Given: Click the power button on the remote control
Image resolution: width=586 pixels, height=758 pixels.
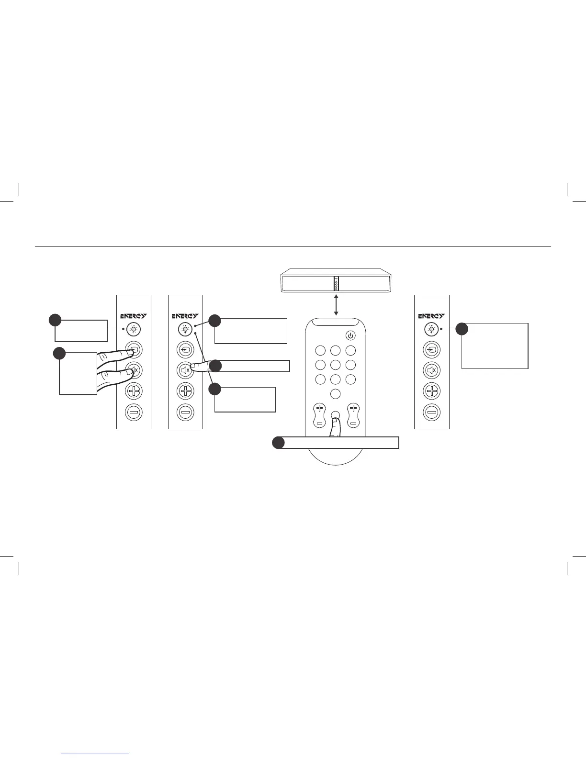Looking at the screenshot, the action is tap(350, 336).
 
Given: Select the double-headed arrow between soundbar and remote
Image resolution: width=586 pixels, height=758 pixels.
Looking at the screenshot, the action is tap(336, 304).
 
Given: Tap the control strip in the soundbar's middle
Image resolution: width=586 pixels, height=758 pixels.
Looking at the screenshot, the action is tap(336, 283).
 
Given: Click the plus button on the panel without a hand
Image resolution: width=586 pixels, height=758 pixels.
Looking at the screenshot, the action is tap(431, 391).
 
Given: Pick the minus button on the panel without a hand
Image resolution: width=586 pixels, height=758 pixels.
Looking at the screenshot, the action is tap(431, 412).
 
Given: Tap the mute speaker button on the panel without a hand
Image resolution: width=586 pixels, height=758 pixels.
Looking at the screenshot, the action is tap(431, 370).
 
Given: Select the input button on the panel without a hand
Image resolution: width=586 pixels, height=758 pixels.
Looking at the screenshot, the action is tap(431, 350).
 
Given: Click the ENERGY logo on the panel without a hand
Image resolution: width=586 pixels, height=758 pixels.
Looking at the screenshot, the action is tap(431, 316).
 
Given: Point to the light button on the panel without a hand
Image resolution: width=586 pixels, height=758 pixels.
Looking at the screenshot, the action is tap(431, 329).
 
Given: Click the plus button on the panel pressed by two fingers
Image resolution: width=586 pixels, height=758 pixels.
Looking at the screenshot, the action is tap(134, 391).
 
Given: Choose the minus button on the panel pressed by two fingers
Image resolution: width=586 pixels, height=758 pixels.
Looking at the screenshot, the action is tap(134, 412).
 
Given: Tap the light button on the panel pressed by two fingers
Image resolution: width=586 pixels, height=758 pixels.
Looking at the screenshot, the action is tap(134, 329).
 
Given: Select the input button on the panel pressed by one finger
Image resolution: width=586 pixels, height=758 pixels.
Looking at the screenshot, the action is tap(185, 350).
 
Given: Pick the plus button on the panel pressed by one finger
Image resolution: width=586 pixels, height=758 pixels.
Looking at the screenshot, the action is tap(185, 391).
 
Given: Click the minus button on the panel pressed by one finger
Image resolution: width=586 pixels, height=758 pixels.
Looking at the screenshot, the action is tap(185, 412).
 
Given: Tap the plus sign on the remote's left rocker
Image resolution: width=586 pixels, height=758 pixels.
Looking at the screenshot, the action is tap(319, 408).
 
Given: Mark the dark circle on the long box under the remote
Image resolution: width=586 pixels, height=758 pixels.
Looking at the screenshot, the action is tap(278, 443).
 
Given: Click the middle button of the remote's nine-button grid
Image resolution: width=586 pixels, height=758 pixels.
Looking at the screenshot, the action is tap(336, 365).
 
